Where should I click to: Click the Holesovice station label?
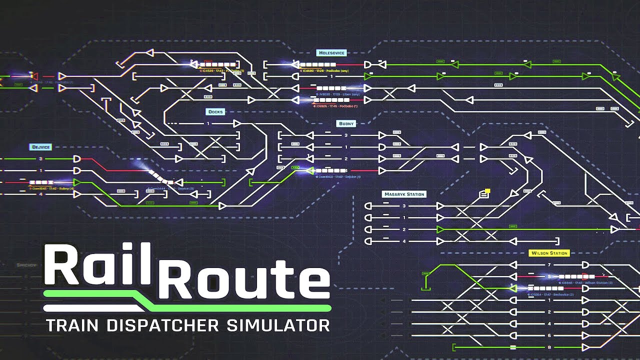[x=331, y=52]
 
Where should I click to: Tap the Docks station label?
[x=215, y=112]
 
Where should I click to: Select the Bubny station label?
[x=345, y=123]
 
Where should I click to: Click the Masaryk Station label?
[x=403, y=194]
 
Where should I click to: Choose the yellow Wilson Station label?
[x=549, y=253]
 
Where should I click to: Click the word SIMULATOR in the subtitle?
[x=278, y=325]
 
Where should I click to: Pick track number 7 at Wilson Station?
[x=549, y=264]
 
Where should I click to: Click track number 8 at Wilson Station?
[x=549, y=347]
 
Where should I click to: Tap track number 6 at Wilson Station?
[x=549, y=335]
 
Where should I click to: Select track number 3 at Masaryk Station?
[x=404, y=206]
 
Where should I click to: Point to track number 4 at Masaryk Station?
[x=404, y=241]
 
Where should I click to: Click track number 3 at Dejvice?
[x=40, y=158]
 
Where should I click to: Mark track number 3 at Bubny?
[x=345, y=135]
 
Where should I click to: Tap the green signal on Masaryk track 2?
[x=440, y=229]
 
